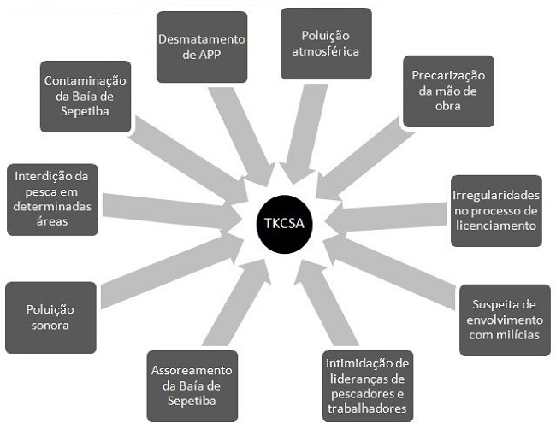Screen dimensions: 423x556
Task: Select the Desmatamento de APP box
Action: [x=202, y=46]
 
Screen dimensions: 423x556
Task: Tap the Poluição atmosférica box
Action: [x=326, y=44]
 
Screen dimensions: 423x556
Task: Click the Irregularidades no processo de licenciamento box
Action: [x=495, y=210]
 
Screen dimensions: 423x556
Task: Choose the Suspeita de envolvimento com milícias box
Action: [x=505, y=320]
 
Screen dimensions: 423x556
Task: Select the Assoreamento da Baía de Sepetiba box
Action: [x=191, y=385]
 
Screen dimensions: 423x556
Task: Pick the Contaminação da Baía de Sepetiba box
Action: [x=86, y=95]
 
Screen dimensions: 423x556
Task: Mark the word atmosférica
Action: [x=326, y=51]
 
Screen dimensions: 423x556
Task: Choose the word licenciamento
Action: [x=495, y=226]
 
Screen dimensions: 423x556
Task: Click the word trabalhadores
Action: [x=369, y=408]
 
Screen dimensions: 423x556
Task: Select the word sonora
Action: [x=50, y=325]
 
